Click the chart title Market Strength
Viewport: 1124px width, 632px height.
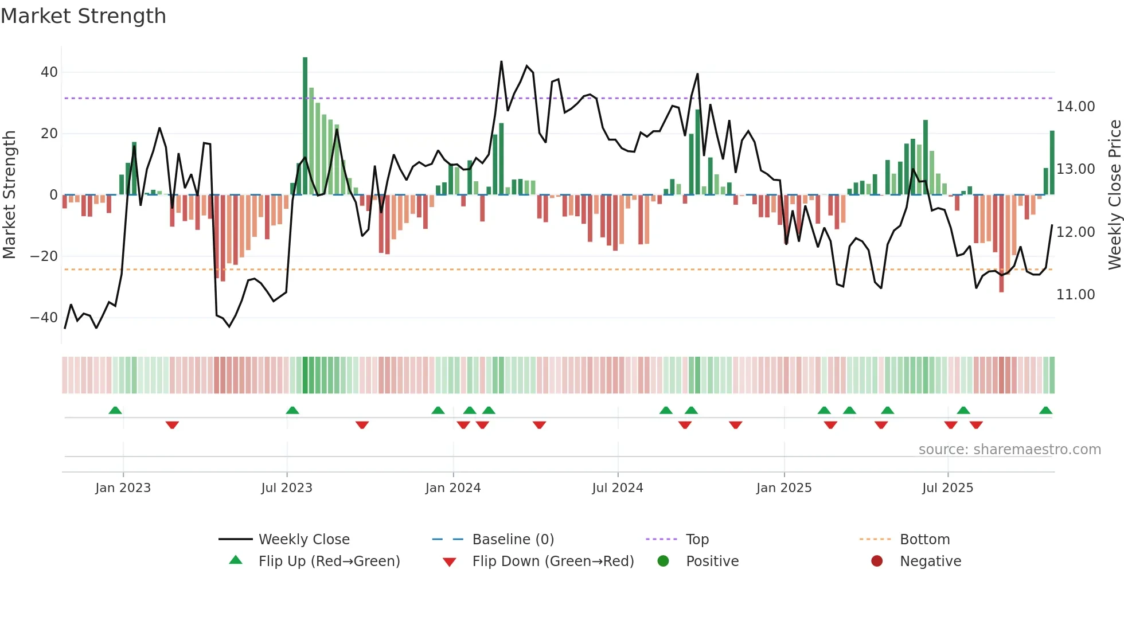83,16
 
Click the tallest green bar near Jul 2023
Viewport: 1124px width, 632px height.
305,126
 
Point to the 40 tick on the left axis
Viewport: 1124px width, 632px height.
49,72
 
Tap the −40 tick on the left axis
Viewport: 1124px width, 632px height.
44,318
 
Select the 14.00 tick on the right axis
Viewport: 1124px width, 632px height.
1075,107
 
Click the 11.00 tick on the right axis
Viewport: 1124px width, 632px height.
1075,295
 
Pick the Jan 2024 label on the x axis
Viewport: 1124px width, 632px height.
453,488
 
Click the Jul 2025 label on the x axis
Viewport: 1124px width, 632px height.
947,488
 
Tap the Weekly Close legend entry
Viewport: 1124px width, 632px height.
304,540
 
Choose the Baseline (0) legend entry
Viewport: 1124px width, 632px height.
513,540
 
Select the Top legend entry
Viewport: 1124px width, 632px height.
697,540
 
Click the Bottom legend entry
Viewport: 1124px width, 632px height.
924,540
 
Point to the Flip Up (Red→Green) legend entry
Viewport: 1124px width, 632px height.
329,561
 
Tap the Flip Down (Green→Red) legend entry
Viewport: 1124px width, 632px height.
553,561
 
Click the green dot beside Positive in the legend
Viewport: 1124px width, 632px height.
664,561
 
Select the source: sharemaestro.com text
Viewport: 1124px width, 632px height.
1009,450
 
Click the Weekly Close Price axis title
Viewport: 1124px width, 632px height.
1114,195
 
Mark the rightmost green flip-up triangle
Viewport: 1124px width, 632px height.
1045,411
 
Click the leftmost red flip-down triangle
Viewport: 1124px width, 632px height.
172,425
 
